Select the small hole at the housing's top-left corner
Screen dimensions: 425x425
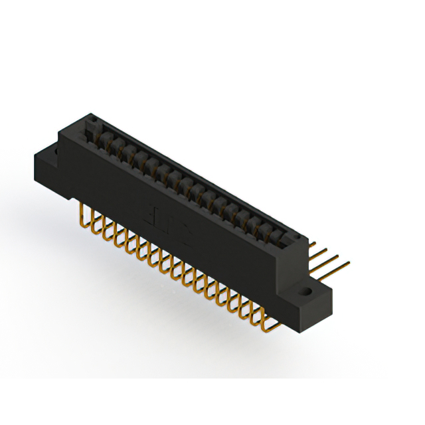click(94, 121)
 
